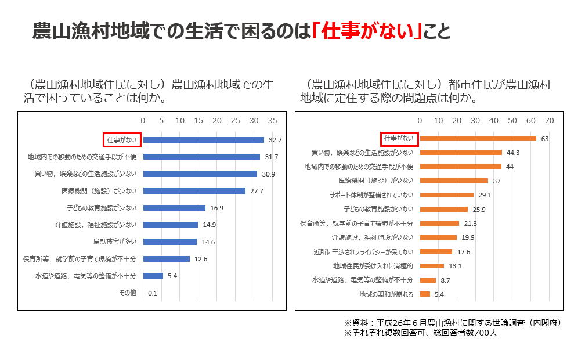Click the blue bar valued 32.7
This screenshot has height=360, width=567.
(x=203, y=140)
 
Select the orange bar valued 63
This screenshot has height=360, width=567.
(x=478, y=138)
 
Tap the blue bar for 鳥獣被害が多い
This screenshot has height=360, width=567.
(x=170, y=242)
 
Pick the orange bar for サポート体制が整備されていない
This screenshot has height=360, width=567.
(x=446, y=195)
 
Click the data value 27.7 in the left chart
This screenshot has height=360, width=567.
(x=256, y=190)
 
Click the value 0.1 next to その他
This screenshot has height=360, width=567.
(x=153, y=293)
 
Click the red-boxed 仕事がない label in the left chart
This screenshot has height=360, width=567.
(x=121, y=140)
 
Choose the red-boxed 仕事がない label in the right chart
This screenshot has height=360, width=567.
(x=399, y=138)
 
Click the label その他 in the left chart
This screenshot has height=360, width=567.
(x=128, y=293)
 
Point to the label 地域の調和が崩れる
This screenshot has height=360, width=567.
(x=387, y=294)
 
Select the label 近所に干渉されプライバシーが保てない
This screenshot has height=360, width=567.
(x=363, y=252)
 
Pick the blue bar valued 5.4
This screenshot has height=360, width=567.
(x=153, y=276)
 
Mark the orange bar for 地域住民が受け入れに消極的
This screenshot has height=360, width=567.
(x=432, y=266)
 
